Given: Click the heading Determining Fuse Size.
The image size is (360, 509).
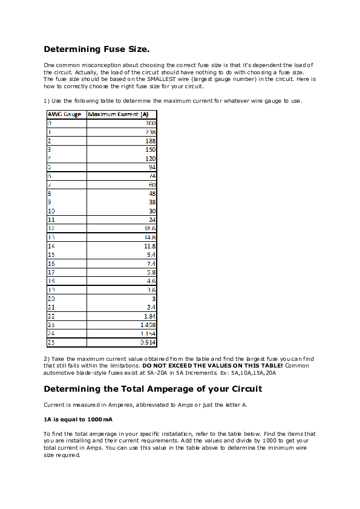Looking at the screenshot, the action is tap(97, 49).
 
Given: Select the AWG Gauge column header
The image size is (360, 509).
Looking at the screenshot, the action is tap(65, 114).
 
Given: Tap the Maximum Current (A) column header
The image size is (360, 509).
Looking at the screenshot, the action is tap(119, 114).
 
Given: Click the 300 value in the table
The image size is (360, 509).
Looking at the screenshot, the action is tap(151, 123).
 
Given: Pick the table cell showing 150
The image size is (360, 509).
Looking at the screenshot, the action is tap(151, 149).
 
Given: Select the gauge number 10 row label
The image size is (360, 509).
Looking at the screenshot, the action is tap(51, 211).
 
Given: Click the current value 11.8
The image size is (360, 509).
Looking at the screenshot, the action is tap(149, 246).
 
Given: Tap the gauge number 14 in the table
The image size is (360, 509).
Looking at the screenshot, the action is tap(51, 246).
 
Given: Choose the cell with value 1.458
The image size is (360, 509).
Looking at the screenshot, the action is tap(148, 325).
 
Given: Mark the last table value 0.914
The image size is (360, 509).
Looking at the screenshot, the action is tap(148, 343).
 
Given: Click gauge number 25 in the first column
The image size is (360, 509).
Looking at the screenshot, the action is tap(51, 343).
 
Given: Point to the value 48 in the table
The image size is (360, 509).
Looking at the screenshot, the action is tap(152, 193).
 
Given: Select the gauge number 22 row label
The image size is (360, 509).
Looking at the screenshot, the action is tap(51, 316).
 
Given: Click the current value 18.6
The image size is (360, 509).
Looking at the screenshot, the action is tap(149, 229).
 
